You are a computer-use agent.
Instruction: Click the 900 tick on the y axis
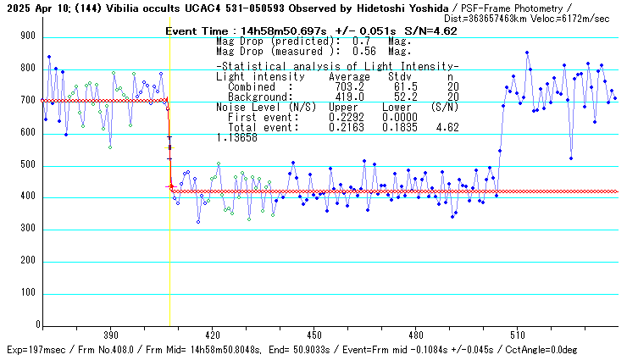(28, 36)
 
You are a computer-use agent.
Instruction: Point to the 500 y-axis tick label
(28, 166)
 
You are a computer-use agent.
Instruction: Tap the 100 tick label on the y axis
(28, 293)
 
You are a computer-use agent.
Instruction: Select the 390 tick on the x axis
(109, 334)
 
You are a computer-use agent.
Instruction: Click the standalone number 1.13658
(237, 137)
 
